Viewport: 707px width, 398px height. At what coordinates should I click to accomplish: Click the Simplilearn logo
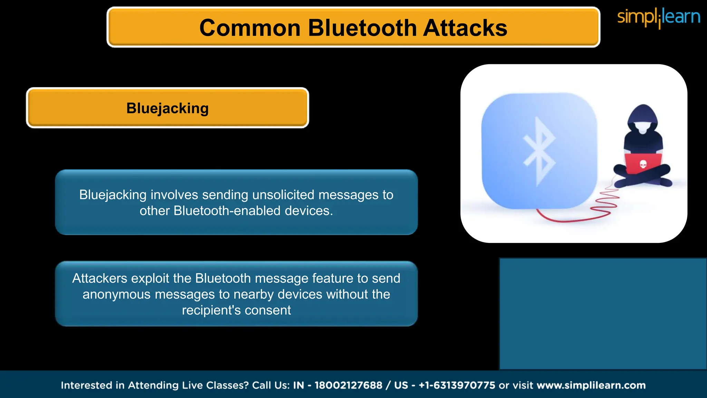658,17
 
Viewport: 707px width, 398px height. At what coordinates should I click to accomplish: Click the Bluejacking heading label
167,108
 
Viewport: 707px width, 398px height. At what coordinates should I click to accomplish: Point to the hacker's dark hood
643,116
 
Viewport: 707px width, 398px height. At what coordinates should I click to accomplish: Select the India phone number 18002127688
348,385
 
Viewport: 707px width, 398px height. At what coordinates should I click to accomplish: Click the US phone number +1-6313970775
457,385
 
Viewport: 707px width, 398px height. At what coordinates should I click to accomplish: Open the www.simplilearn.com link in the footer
591,385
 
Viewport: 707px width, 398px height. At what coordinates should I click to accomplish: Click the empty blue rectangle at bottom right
603,314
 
